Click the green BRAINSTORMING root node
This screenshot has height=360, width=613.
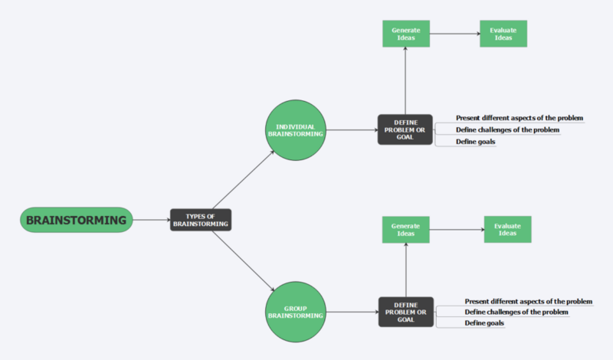click(x=76, y=221)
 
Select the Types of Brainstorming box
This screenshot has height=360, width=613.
click(x=200, y=221)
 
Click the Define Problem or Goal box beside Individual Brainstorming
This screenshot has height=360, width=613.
click(x=405, y=130)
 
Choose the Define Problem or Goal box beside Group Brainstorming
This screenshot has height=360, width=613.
click(x=405, y=312)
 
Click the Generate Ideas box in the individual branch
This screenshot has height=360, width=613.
click(x=405, y=33)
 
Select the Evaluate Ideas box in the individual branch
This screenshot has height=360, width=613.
click(x=503, y=33)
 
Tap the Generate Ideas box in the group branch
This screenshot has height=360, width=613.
click(x=405, y=230)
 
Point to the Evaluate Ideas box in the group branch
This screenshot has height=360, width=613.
click(x=507, y=230)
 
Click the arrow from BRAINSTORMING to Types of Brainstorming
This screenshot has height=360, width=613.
click(x=150, y=221)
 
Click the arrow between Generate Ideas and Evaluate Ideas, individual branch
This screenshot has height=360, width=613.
click(x=454, y=33)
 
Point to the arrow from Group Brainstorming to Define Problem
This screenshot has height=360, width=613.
click(x=352, y=312)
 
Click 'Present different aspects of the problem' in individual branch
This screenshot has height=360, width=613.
click(x=520, y=118)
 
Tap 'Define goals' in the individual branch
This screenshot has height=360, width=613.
click(x=476, y=142)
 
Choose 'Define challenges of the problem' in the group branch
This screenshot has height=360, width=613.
click(x=516, y=312)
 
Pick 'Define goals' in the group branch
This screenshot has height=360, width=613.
click(x=485, y=323)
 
